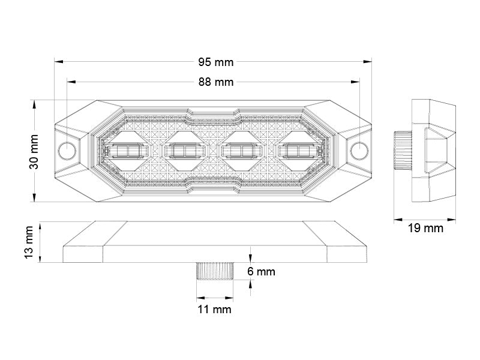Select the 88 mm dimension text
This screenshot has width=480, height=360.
215,82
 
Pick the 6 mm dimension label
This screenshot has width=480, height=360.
261,272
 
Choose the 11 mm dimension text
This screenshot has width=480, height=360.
214,310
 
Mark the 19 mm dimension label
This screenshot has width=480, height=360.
425,228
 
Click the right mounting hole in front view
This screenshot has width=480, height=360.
359,150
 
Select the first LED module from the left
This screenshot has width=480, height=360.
126,150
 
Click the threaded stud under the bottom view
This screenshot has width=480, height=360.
214,272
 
